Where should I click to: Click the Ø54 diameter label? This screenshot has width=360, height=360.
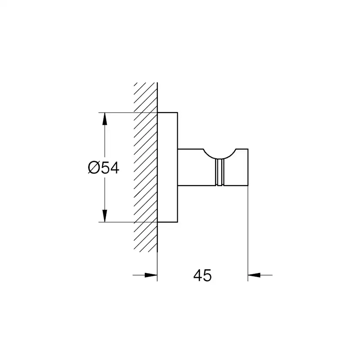(x=103, y=167)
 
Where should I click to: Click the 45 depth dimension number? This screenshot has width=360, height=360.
(x=202, y=275)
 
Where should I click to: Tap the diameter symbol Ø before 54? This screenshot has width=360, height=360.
(x=94, y=167)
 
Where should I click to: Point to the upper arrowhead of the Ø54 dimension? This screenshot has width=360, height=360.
(x=105, y=119)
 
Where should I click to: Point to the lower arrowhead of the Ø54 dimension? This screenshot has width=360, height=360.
(x=105, y=216)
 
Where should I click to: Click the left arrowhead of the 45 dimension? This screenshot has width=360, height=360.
(x=151, y=275)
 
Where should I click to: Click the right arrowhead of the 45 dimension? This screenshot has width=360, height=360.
(x=254, y=275)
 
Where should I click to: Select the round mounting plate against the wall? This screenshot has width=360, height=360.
(x=167, y=167)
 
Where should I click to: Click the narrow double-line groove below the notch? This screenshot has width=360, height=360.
(x=220, y=172)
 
